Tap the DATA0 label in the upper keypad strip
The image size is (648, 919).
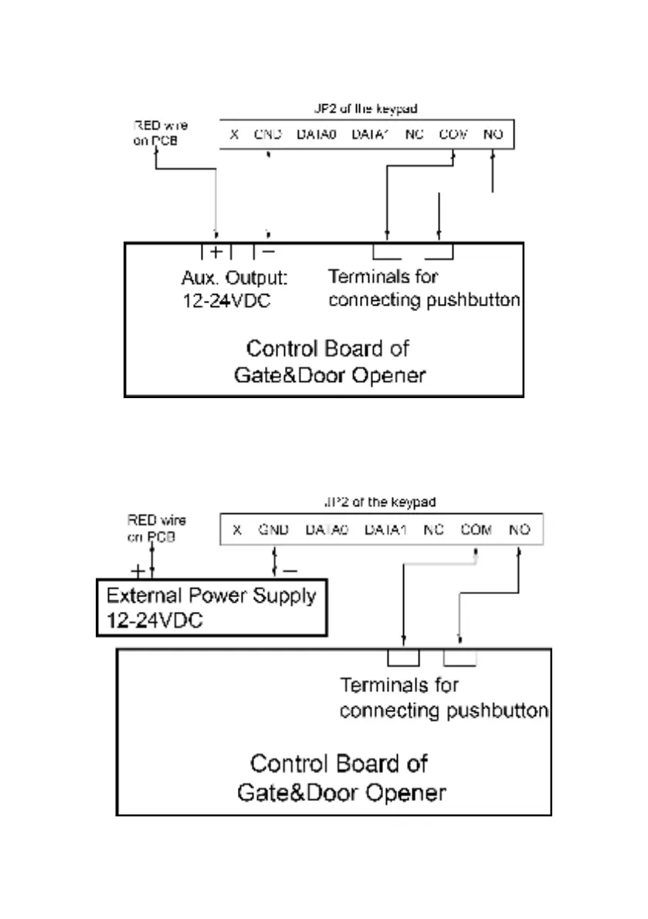[x=317, y=134]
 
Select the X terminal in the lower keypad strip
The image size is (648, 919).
[x=236, y=530]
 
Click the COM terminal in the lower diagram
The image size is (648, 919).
[x=477, y=530]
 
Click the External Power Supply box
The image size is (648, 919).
[x=211, y=608]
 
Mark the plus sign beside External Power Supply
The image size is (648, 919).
[x=137, y=572]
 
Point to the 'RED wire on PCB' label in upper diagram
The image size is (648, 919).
[x=160, y=132]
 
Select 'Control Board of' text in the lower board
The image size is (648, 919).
[x=338, y=764]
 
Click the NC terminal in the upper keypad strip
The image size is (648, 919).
[x=414, y=134]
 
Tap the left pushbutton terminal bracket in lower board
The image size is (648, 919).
[x=403, y=658]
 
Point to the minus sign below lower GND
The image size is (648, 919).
[x=289, y=572]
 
